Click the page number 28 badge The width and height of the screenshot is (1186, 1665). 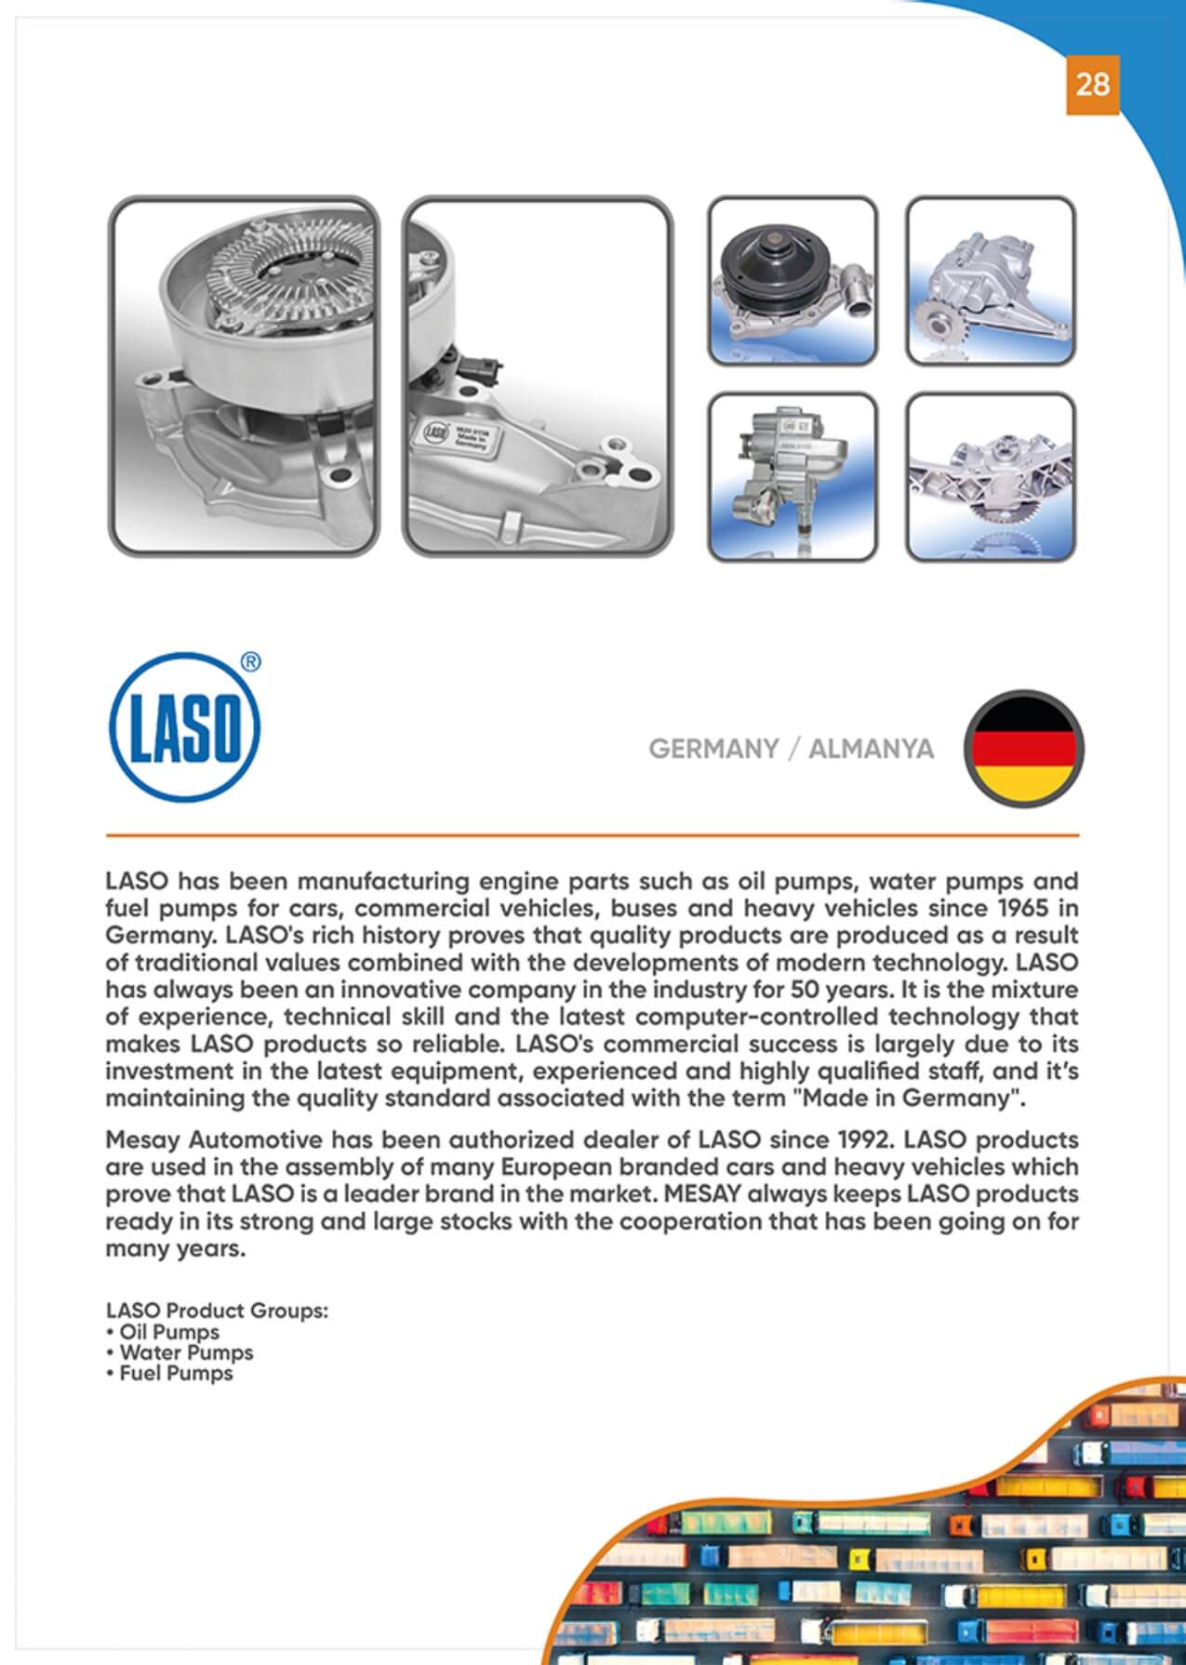tap(1092, 85)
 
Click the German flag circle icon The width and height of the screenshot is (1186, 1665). tap(1023, 748)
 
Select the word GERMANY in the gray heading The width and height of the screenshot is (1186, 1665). tap(713, 750)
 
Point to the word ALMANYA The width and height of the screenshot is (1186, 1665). tap(871, 750)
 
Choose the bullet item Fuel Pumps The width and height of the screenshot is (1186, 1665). tap(176, 1373)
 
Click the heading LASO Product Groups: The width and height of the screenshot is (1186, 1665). tap(218, 1311)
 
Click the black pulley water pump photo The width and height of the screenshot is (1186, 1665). tap(793, 280)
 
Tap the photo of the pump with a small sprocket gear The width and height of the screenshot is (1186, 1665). tap(991, 280)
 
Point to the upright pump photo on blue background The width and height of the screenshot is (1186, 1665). tap(793, 477)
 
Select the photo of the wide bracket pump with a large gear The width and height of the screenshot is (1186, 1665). tap(991, 477)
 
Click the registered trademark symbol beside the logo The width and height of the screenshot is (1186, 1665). tap(250, 662)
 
